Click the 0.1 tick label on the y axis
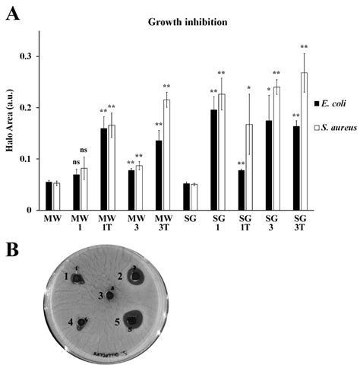[x=31, y=159]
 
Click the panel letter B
[x=11, y=249]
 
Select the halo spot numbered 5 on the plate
[x=134, y=319]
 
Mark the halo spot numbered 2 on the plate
[x=135, y=278]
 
